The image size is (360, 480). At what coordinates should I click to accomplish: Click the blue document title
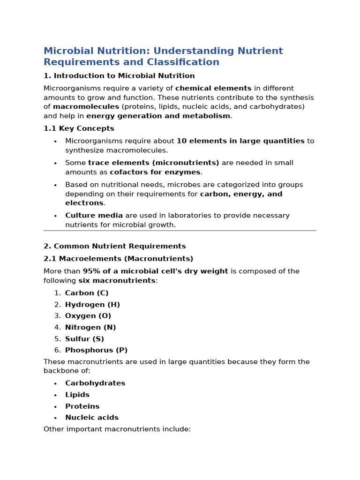(163, 56)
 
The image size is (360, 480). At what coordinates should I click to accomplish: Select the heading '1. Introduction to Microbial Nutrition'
(119, 76)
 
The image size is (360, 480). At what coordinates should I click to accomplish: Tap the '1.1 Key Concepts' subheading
(79, 128)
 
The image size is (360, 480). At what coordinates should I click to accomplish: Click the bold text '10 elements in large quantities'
(240, 141)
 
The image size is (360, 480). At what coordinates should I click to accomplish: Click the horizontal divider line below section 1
(180, 231)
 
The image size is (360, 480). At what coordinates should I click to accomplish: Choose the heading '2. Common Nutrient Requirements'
(115, 246)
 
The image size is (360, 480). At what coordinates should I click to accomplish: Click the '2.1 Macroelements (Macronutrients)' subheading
(118, 259)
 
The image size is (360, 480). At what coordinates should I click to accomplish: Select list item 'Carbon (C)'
(87, 293)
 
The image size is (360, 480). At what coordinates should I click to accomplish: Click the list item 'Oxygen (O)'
(88, 316)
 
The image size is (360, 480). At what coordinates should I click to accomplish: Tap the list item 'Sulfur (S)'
(84, 339)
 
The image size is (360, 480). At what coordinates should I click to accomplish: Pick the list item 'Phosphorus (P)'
(96, 350)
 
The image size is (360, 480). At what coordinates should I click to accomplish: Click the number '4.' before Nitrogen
(57, 328)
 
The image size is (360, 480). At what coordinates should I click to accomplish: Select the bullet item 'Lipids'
(77, 395)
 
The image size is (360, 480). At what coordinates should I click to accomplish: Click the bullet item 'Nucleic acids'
(92, 418)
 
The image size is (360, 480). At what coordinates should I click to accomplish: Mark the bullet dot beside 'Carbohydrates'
(55, 384)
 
